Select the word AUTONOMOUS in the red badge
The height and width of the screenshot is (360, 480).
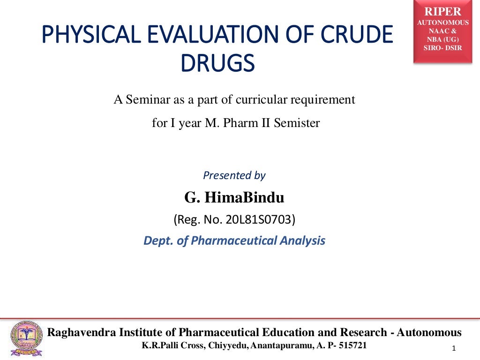(442, 22)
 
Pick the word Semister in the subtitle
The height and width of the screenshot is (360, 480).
(297, 124)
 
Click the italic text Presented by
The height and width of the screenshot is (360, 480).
(234, 175)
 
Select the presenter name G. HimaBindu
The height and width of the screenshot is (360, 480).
(234, 198)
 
